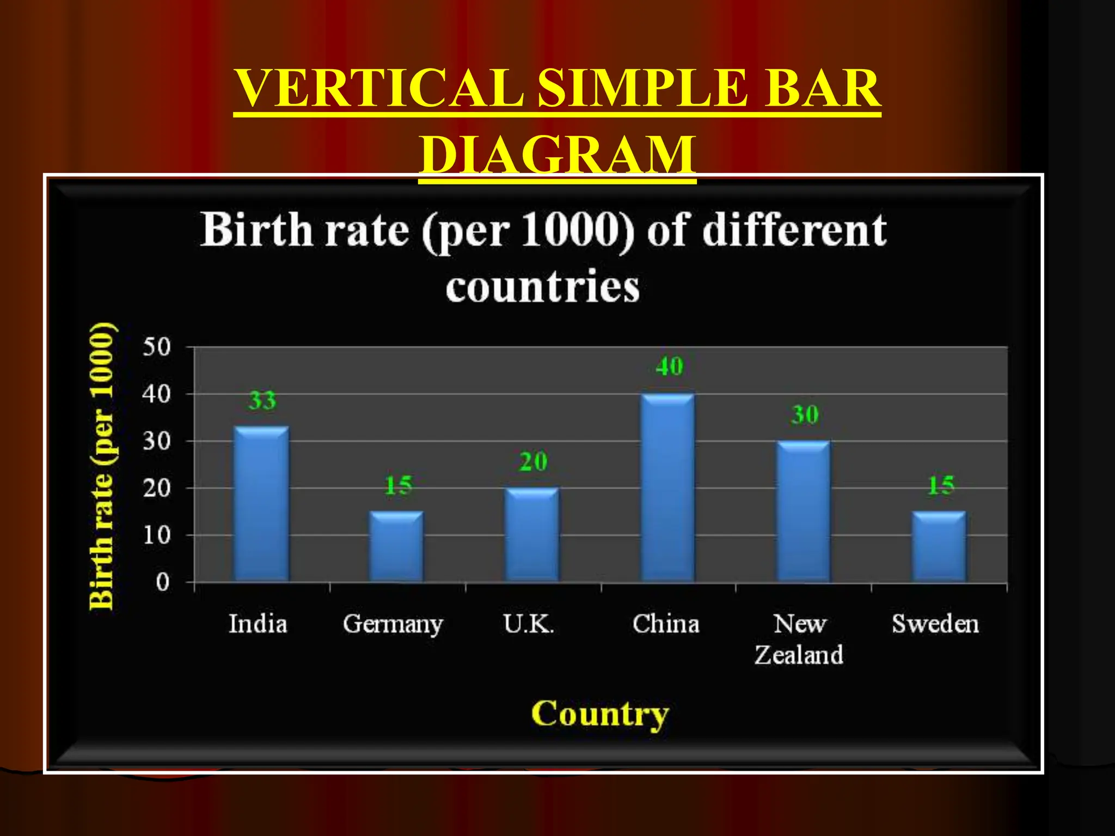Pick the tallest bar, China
667,488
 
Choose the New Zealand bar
803,511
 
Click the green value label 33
262,401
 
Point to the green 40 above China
669,366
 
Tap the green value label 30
805,415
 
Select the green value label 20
533,462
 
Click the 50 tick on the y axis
157,347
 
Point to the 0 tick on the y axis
163,583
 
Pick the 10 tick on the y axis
157,536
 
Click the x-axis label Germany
393,624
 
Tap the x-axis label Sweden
935,624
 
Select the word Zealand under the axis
799,655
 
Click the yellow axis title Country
599,714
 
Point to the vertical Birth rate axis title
103,466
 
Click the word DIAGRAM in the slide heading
557,155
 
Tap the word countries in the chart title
542,287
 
